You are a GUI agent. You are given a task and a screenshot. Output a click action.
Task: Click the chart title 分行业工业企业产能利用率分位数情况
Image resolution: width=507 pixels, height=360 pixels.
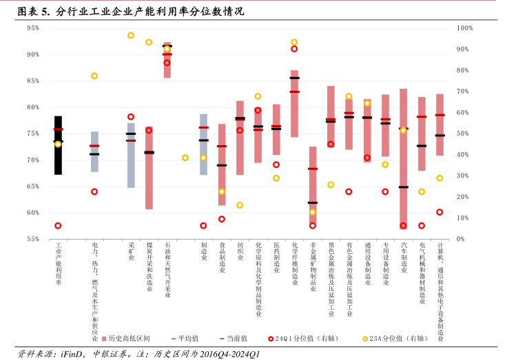(150, 12)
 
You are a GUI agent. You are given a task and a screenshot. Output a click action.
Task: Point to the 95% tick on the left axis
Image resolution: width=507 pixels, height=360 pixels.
(32, 28)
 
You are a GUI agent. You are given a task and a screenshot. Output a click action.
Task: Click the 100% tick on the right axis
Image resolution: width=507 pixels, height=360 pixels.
(464, 28)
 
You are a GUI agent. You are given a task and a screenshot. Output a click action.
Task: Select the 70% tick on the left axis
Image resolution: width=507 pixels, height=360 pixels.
(32, 160)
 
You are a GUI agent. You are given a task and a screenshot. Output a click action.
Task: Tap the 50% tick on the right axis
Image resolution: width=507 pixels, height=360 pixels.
(462, 134)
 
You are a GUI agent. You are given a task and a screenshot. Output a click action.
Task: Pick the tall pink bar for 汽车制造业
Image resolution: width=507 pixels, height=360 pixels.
(404, 158)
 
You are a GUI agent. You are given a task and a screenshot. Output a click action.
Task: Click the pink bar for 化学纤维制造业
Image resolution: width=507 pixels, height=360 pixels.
(294, 103)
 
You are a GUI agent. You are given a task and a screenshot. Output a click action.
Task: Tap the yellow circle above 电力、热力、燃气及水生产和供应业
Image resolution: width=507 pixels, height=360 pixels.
(94, 76)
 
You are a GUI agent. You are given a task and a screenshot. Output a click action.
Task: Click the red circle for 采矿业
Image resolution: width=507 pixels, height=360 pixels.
(131, 117)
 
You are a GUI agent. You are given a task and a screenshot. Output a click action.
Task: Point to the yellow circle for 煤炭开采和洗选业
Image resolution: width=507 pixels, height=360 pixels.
(149, 43)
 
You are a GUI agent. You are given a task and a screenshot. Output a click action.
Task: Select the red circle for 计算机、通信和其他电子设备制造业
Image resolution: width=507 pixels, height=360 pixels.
(439, 212)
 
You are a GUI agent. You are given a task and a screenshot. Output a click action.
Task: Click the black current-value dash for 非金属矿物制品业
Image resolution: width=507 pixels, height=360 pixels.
(313, 202)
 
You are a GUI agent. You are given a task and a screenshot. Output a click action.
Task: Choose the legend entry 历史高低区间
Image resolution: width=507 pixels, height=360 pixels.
(130, 338)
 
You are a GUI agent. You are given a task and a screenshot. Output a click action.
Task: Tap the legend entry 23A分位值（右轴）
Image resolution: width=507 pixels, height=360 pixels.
(400, 338)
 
